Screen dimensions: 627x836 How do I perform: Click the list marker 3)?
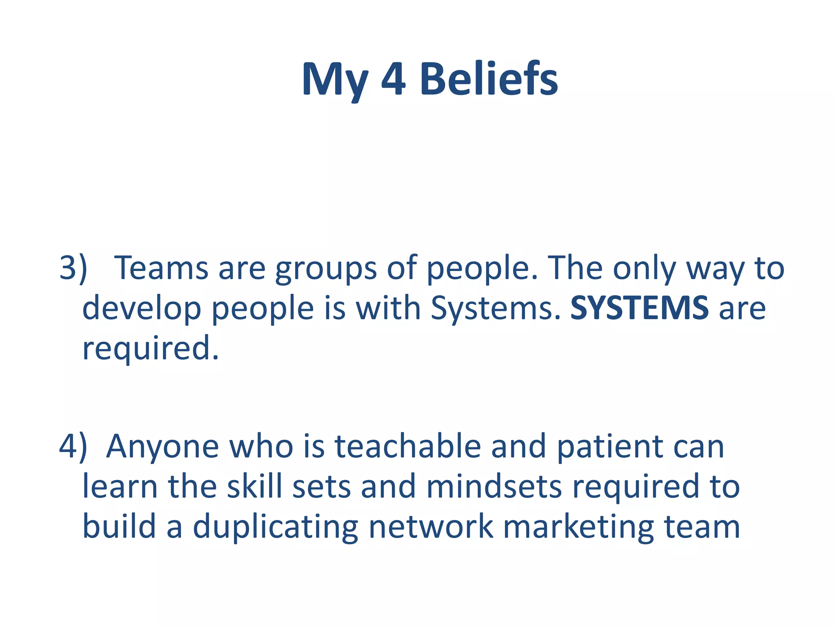tap(73, 268)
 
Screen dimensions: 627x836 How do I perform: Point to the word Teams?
tap(161, 268)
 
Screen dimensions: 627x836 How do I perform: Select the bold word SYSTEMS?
tap(640, 308)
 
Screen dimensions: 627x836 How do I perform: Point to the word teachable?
tap(408, 446)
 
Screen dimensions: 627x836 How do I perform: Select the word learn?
tap(120, 487)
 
